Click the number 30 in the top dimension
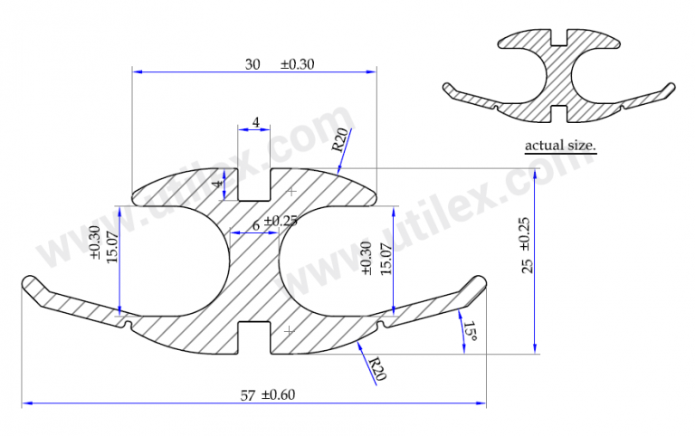(x=252, y=64)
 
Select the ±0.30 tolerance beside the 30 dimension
(x=299, y=64)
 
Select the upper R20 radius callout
(x=339, y=140)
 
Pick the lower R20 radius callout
(x=376, y=368)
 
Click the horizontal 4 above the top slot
(x=255, y=122)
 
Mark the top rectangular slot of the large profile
(x=254, y=185)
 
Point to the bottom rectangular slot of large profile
(x=254, y=335)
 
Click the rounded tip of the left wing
(x=28, y=282)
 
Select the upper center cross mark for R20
(x=290, y=193)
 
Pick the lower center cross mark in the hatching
(x=289, y=330)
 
